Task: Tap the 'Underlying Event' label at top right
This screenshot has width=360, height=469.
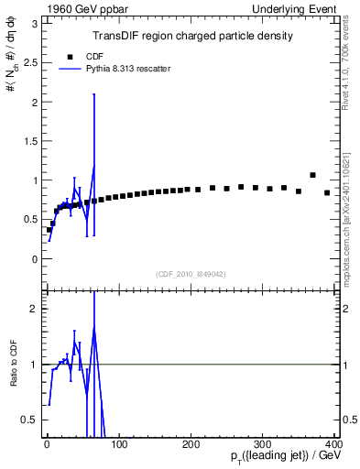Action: (x=299, y=9)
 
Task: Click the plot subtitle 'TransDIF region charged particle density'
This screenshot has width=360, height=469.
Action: (x=192, y=36)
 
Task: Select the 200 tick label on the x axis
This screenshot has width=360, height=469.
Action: (x=191, y=444)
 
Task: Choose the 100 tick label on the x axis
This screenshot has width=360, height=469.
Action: (x=119, y=444)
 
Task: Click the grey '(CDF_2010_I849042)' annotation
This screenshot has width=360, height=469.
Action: (x=191, y=274)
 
